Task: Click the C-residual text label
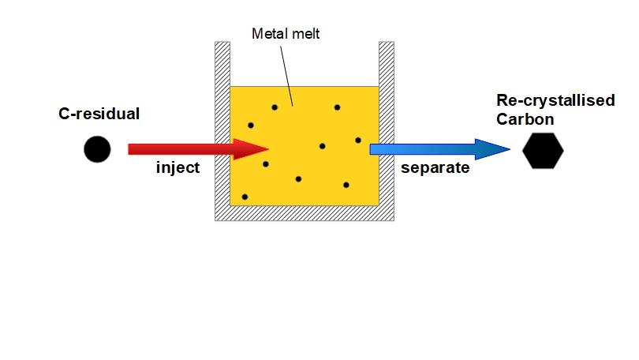(99, 114)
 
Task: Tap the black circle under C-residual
(97, 149)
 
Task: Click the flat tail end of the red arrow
(131, 149)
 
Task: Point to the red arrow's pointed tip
(268, 149)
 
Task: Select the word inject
(178, 168)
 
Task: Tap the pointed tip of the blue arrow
(509, 149)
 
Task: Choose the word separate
(435, 168)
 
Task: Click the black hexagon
(544, 150)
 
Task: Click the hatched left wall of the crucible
(222, 126)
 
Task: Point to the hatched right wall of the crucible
(386, 126)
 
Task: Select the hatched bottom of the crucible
(305, 213)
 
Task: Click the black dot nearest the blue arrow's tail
(357, 141)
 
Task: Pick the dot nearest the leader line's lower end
(275, 107)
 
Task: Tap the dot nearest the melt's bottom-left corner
(245, 197)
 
